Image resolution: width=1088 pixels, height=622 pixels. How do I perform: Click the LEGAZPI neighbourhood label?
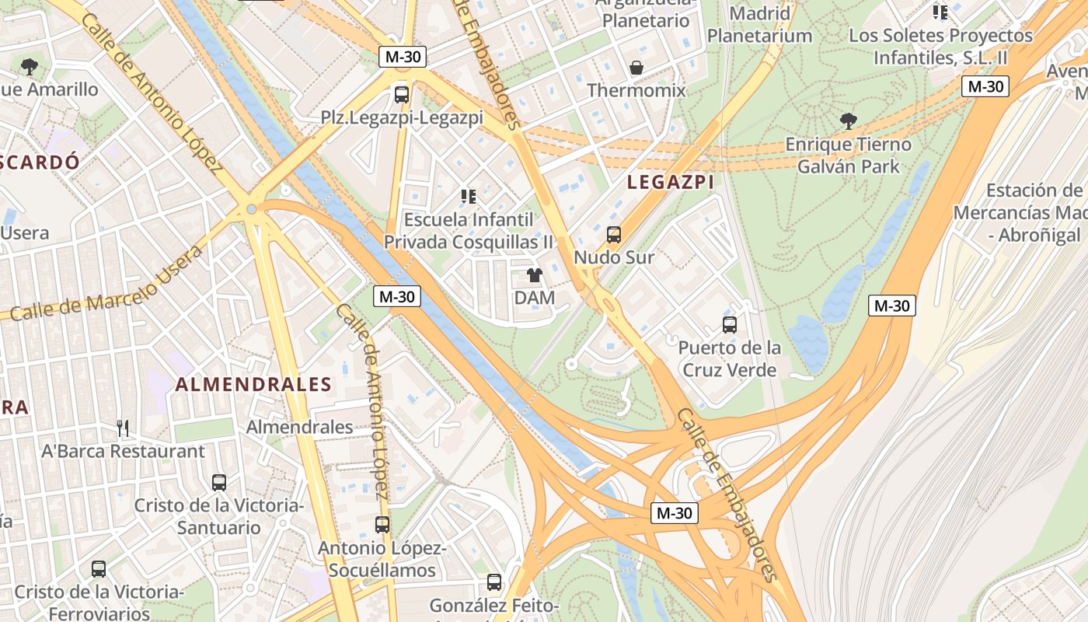tap(670, 182)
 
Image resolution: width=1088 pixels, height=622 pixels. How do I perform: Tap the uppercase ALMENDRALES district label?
tap(253, 384)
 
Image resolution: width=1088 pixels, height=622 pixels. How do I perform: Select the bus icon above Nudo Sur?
tap(614, 234)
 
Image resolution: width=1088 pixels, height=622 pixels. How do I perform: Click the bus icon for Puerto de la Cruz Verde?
tap(729, 324)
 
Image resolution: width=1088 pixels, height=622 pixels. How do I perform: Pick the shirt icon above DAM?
tap(535, 274)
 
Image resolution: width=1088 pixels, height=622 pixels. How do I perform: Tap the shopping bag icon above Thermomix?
tap(636, 68)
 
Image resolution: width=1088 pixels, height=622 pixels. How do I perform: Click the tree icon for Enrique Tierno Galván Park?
tap(848, 121)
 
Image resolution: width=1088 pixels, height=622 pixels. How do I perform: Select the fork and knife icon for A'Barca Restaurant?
tap(123, 428)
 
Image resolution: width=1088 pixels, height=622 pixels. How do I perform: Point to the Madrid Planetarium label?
tap(759, 25)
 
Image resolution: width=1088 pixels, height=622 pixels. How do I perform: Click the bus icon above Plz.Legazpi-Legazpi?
tap(402, 95)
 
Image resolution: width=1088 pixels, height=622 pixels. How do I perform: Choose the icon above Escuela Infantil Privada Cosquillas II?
tap(469, 196)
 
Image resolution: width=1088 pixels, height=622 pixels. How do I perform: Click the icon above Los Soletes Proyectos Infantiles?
tap(940, 12)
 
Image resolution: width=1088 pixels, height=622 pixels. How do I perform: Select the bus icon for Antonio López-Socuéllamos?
tap(382, 525)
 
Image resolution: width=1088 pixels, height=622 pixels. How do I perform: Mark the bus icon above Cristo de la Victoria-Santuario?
tap(219, 482)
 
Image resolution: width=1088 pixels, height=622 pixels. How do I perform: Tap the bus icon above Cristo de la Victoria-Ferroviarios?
tap(99, 569)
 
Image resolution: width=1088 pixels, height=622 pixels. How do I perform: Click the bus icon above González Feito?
tap(494, 582)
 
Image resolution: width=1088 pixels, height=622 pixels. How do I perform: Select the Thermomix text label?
tap(636, 90)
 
